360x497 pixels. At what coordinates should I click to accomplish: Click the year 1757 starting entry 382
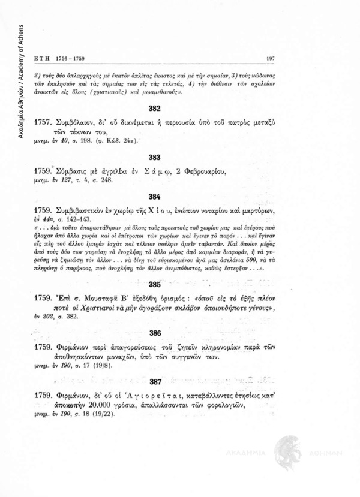(x=45, y=131)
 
